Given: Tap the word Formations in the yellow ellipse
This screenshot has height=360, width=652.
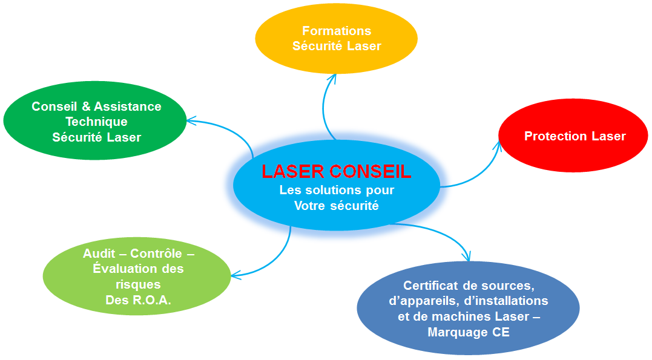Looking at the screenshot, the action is [x=337, y=31].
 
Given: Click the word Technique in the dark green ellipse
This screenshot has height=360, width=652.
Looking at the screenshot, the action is [x=96, y=122].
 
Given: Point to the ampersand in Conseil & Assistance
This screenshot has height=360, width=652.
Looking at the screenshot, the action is [x=86, y=106].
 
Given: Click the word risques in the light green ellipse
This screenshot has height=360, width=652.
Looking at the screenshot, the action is [x=138, y=285].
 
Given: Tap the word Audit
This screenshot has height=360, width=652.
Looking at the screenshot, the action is [x=99, y=254].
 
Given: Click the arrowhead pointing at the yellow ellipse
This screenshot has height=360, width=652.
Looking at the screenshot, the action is [x=332, y=78].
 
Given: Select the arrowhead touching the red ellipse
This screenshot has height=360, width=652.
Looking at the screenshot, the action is [x=497, y=145].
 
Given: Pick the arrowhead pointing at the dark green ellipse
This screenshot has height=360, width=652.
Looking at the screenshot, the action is [x=191, y=120].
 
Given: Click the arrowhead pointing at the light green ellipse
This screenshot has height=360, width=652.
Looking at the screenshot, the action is [x=235, y=275].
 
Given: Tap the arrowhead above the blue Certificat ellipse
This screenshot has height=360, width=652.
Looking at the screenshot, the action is [x=467, y=256].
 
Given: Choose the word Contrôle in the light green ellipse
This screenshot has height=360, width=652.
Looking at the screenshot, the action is [x=156, y=254].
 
